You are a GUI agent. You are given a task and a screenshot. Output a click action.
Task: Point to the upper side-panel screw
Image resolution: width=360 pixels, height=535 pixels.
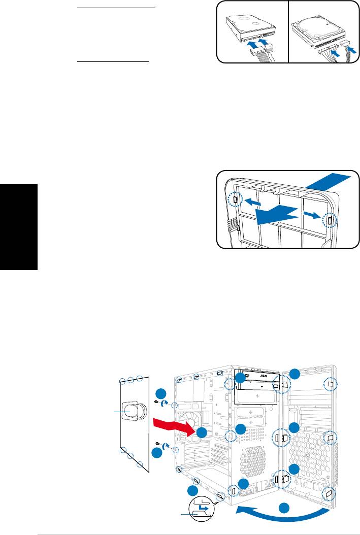pos(156,402)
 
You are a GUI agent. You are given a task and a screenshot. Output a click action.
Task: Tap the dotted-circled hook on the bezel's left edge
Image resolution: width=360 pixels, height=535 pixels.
pos(235,200)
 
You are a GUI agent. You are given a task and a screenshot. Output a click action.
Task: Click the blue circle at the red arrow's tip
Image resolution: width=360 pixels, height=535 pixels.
pos(202,432)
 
